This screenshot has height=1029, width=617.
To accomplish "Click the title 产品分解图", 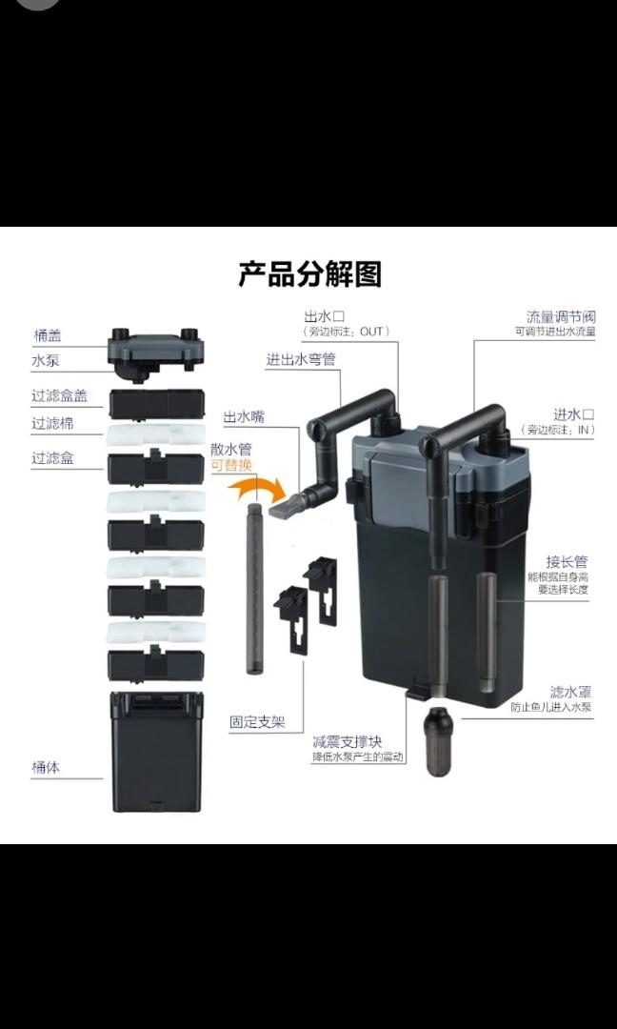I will point(309,274).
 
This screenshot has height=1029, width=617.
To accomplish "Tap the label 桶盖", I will point(48,335).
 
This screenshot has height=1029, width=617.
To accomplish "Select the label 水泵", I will point(48,361).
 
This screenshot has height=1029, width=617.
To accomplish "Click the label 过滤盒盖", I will point(59,396).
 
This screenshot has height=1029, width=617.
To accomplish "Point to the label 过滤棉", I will point(52,423).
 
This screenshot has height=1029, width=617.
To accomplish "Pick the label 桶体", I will point(46,766).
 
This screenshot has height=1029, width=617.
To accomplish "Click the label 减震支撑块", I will point(347,741).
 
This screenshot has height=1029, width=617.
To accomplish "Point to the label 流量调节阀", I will point(562,316).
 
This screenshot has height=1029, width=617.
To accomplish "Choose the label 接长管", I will point(567,562).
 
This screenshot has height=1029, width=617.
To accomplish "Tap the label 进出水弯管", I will point(300,359).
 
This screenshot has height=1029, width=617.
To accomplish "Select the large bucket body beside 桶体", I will point(157,752).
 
